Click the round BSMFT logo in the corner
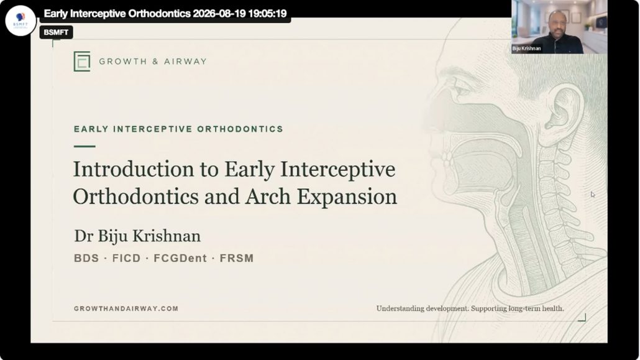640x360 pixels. tap(21, 21)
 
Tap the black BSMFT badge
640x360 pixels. tap(56, 32)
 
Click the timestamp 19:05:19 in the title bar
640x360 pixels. tap(267, 14)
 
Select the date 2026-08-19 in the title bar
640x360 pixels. tap(219, 14)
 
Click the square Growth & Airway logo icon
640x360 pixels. tap(82, 62)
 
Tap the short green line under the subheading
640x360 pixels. tap(85, 146)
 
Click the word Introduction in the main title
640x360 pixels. tap(134, 169)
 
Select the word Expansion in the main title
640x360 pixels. tap(347, 197)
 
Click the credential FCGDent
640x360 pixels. tap(180, 258)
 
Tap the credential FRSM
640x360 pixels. tap(237, 258)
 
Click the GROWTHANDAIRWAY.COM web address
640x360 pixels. tap(126, 309)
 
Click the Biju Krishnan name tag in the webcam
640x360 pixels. tap(526, 48)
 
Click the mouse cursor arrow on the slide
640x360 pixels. tap(593, 195)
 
